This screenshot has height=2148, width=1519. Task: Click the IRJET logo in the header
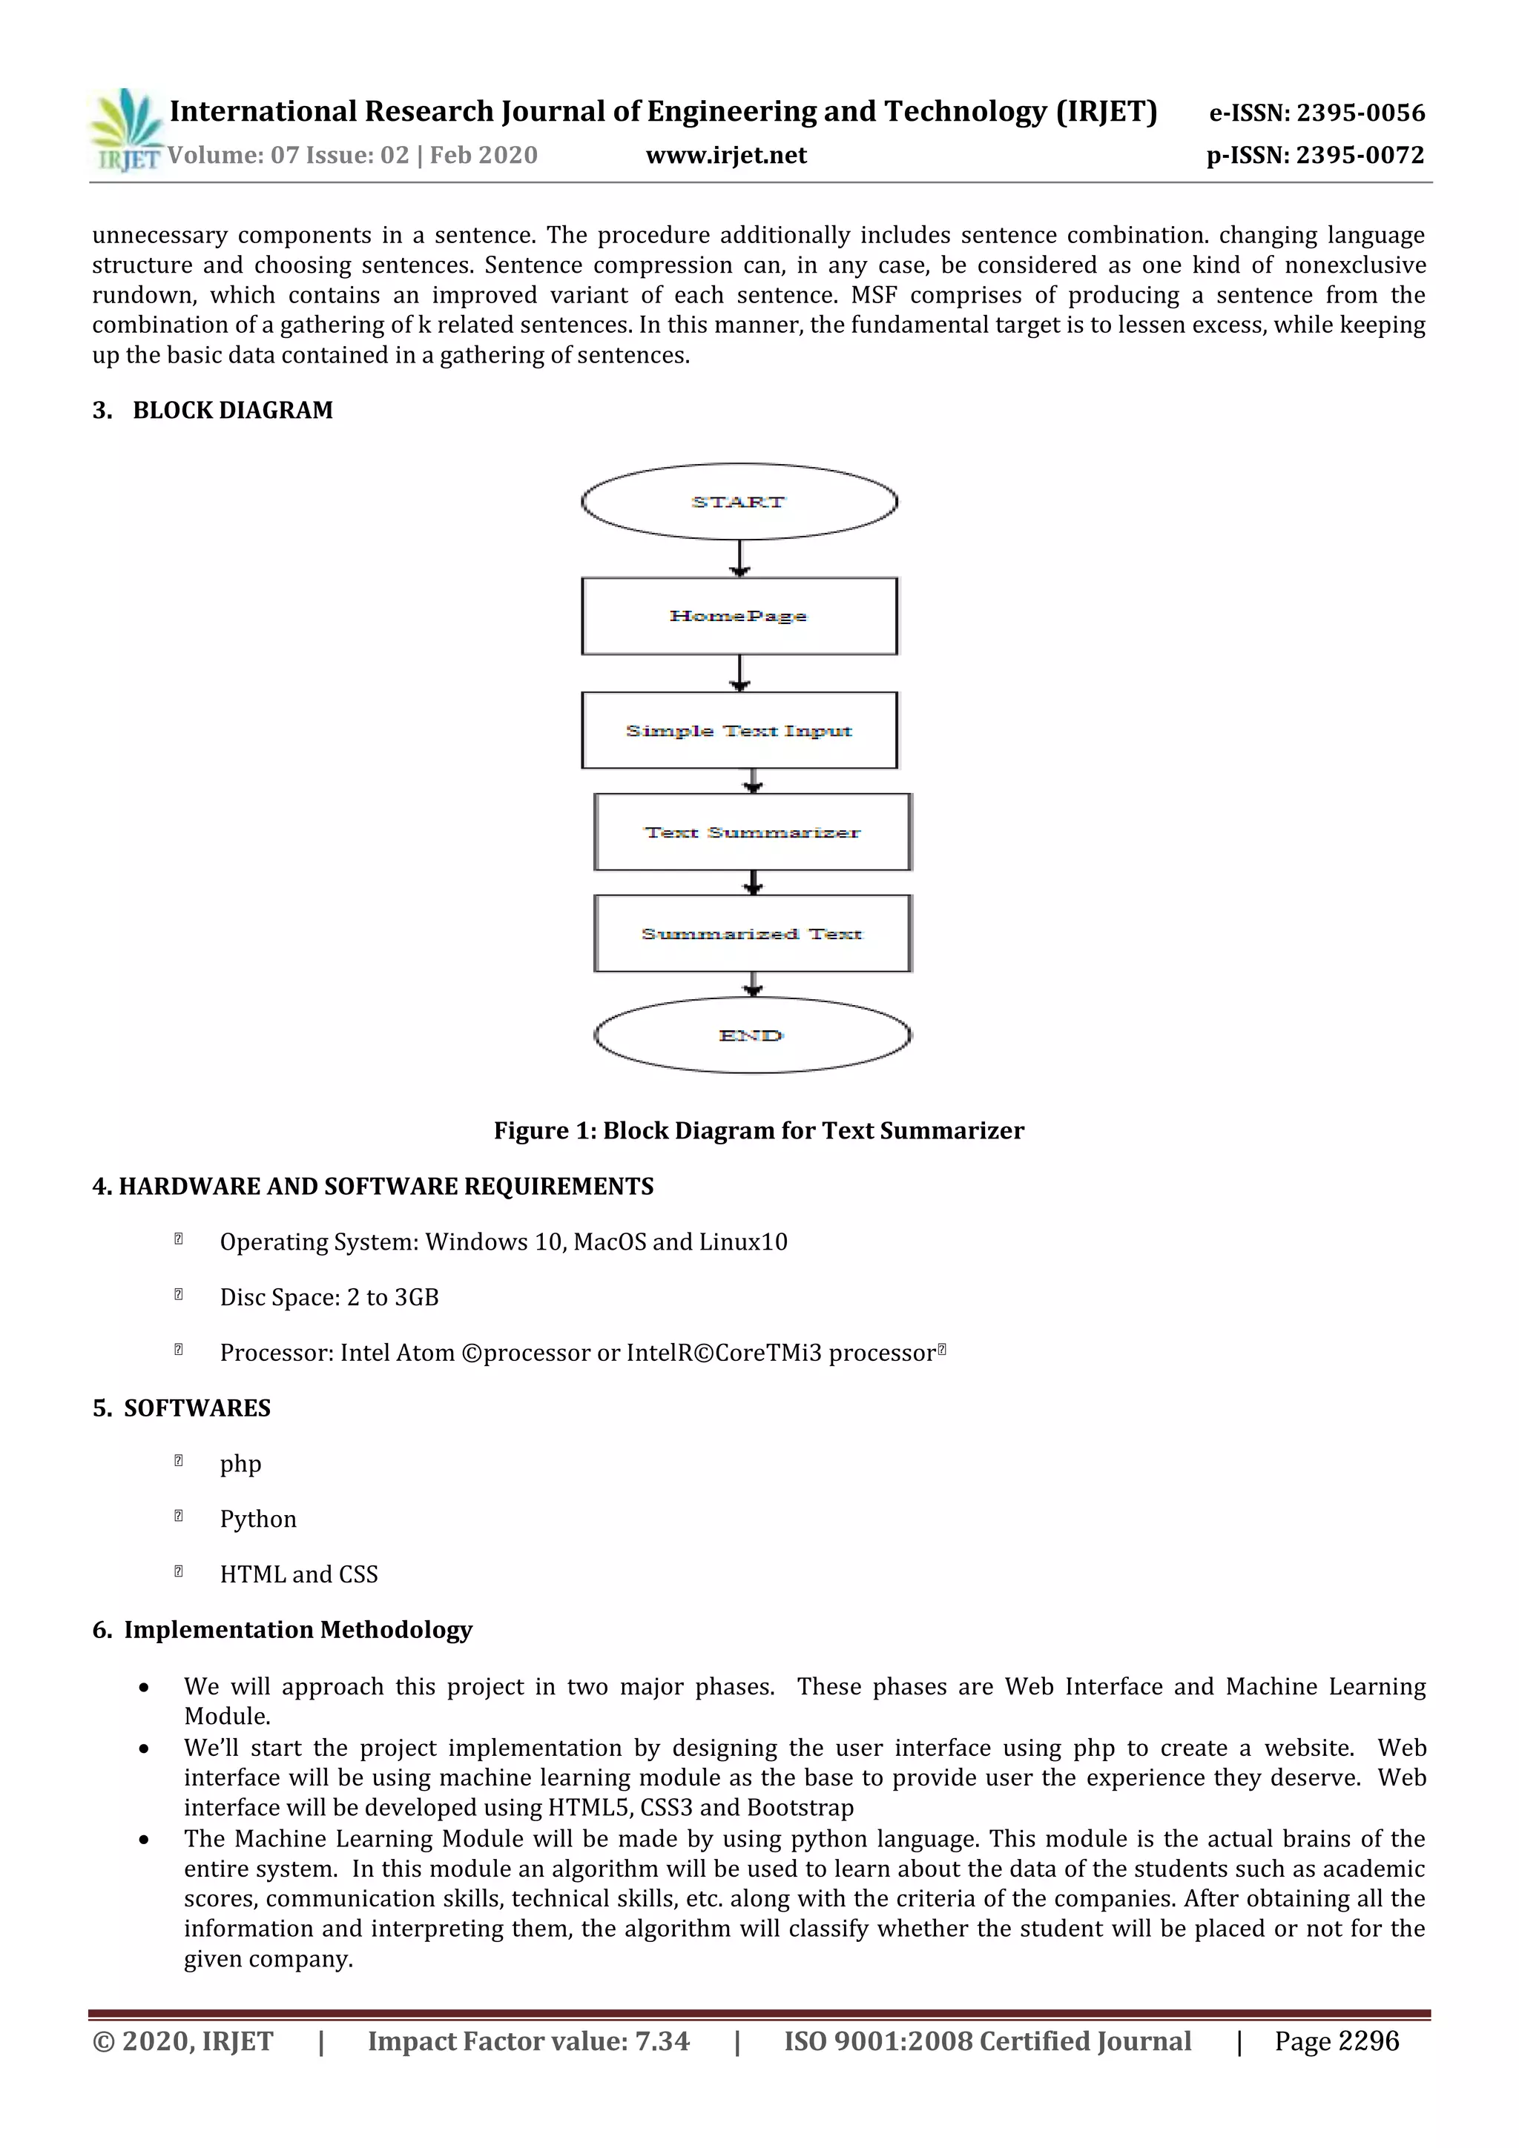tap(126, 131)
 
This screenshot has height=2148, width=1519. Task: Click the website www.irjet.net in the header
tap(725, 156)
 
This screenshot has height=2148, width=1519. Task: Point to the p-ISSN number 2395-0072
tap(1359, 156)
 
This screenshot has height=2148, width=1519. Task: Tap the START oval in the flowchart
tap(739, 502)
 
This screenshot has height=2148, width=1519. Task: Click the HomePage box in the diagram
tap(739, 616)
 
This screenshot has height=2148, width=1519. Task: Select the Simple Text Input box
tap(739, 730)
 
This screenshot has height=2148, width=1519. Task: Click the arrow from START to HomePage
tap(739, 559)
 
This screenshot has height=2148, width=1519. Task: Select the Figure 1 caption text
tap(758, 1130)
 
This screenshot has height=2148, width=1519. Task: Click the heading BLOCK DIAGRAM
tap(232, 410)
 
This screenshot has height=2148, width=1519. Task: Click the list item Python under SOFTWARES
tap(257, 1519)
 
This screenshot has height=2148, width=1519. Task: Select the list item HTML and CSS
tap(299, 1574)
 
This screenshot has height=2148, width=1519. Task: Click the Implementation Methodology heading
tap(297, 1630)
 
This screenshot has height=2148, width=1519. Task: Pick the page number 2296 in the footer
tap(1368, 2041)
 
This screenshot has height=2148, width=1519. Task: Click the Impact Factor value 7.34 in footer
tap(662, 2041)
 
